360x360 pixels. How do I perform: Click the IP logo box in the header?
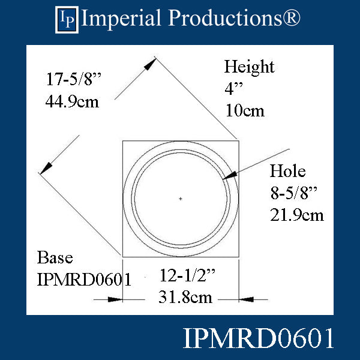pos(67,19)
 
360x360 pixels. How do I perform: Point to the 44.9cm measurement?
pos(72,101)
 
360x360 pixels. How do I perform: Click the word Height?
pos(249,67)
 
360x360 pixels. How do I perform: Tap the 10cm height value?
pos(245,110)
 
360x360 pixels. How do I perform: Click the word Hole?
pos(287,172)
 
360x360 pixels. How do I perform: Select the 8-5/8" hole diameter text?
pos(296,193)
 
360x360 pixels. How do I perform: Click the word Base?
pos(55,258)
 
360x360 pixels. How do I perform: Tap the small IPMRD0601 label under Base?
pos(84,279)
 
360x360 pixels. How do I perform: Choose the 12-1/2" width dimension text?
pos(187,276)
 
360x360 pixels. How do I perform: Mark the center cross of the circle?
pos(181,198)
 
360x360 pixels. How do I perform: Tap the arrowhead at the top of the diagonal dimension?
pos(152,62)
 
